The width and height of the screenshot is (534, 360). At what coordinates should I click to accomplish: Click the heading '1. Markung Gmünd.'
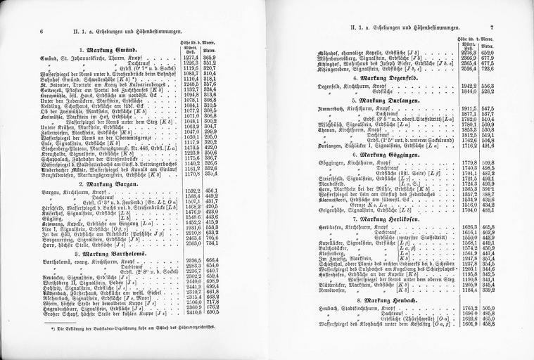(x=117, y=50)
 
